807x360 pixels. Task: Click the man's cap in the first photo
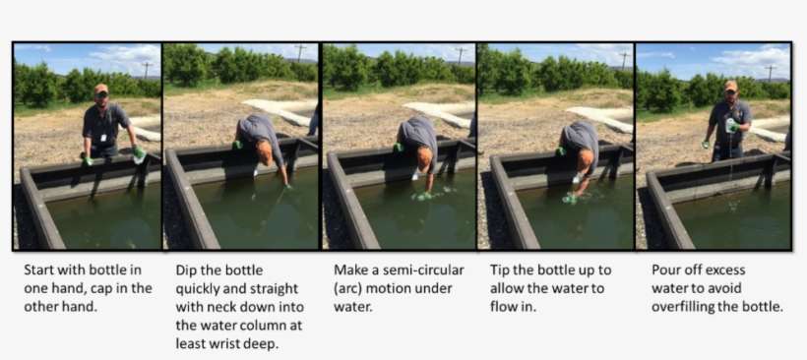(x=101, y=89)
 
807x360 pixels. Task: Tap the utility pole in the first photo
(x=147, y=69)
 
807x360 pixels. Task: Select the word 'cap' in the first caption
(x=111, y=288)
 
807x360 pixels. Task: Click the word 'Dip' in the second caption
(x=186, y=270)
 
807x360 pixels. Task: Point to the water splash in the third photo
(x=426, y=194)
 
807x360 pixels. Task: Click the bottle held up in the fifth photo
(x=728, y=125)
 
